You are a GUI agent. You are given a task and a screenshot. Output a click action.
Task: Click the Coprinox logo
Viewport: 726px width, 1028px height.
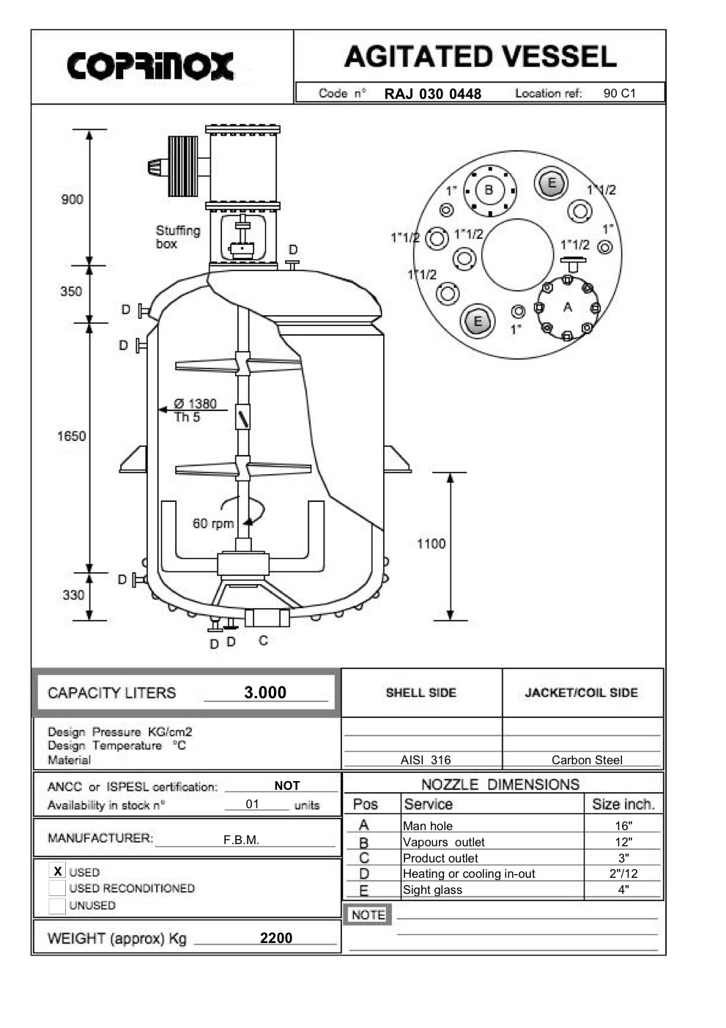(x=150, y=66)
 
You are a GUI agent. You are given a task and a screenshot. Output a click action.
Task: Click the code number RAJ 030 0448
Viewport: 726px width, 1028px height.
(x=432, y=94)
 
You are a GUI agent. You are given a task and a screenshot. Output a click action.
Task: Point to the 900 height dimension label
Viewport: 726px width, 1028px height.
(x=72, y=199)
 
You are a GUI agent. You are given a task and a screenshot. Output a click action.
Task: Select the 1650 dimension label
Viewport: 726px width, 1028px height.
(x=72, y=437)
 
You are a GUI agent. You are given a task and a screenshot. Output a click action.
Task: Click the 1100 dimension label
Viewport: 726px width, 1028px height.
(x=431, y=544)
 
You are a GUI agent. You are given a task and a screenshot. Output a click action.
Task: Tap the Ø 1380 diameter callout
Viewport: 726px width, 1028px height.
(x=195, y=404)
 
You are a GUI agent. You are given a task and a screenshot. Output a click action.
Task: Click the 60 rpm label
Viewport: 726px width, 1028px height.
(x=212, y=524)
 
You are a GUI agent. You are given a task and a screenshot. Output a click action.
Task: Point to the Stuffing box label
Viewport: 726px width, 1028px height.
(x=177, y=237)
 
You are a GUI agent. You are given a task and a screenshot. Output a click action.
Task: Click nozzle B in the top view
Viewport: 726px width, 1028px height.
(x=489, y=191)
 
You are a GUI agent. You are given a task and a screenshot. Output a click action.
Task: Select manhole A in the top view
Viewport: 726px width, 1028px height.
(x=566, y=308)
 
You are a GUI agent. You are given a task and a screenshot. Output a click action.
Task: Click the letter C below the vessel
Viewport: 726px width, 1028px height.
(x=263, y=640)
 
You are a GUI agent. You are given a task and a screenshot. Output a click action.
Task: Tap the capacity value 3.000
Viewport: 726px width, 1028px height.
(x=265, y=692)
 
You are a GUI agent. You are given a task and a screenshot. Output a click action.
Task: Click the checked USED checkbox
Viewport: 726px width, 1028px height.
(x=57, y=871)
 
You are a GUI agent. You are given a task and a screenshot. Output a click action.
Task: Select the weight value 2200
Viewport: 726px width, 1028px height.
(x=276, y=938)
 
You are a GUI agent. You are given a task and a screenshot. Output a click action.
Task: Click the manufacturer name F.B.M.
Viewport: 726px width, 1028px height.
(x=241, y=840)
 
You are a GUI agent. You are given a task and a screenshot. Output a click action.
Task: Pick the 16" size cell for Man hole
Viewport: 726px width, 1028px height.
(x=623, y=826)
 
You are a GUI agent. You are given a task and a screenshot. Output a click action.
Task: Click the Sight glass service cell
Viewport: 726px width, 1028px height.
(x=432, y=890)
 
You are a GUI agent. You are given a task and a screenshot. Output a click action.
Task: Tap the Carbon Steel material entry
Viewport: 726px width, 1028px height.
(x=587, y=760)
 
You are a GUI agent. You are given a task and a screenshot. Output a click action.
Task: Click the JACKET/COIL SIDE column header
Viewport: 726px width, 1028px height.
(x=581, y=692)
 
